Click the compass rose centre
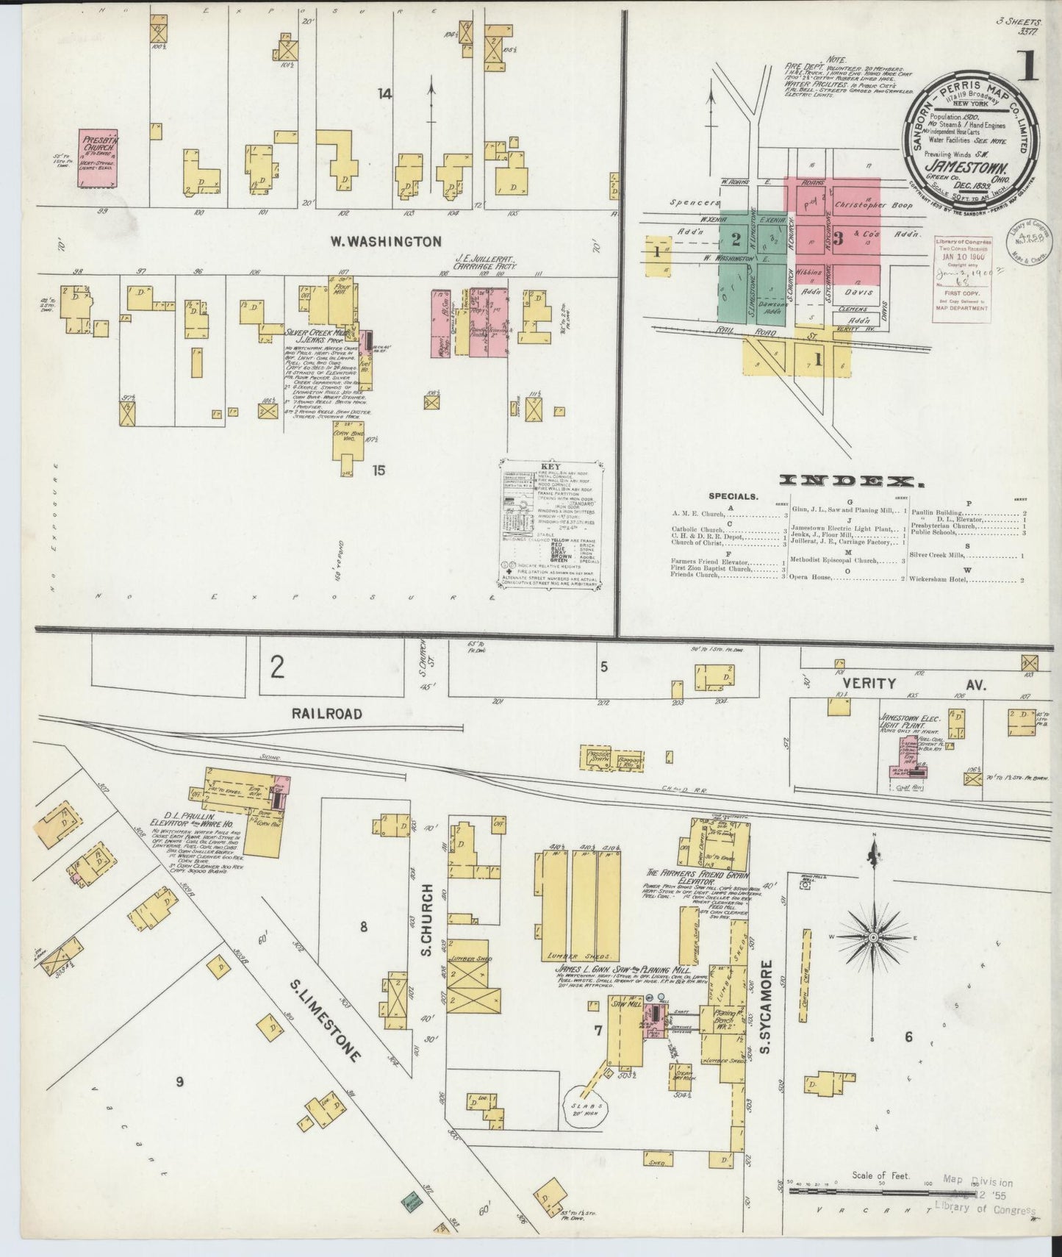click(x=872, y=938)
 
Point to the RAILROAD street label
click(x=327, y=713)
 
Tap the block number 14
click(x=384, y=93)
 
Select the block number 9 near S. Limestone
click(x=179, y=1081)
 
